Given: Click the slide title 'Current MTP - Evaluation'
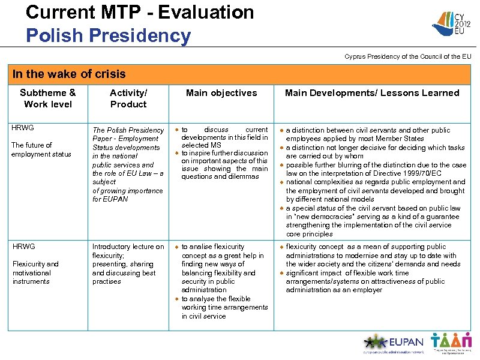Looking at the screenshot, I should tap(140, 12).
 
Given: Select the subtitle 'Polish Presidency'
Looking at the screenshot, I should tap(108, 35).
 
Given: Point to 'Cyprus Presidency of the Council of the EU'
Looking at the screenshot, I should tap(407, 57).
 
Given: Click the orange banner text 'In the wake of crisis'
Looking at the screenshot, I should tap(69, 74).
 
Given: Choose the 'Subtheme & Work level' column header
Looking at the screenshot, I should tap(47, 98).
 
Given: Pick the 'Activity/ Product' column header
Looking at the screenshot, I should tap(128, 98).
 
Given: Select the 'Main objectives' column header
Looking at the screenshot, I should tap(221, 93).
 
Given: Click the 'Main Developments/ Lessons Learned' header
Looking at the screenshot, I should tap(371, 93).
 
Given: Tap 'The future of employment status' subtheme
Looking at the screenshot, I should tap(41, 149).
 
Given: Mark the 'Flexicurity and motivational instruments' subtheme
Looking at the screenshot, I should tap(35, 272).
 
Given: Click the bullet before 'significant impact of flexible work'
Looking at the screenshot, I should tap(281, 273).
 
